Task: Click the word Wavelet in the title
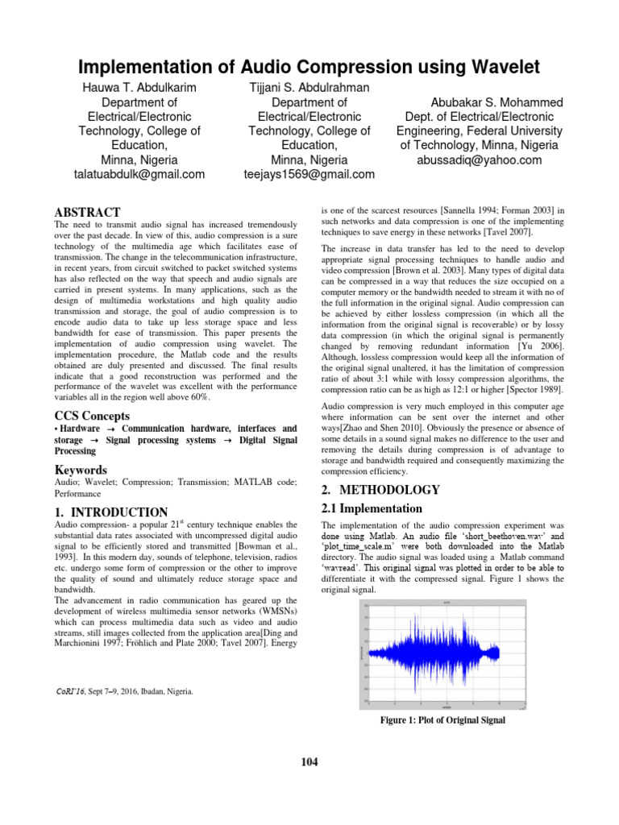[492, 67]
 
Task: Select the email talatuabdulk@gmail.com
[139, 174]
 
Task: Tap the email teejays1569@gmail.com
[309, 174]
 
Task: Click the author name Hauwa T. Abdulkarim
[139, 87]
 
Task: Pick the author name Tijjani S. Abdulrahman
[309, 87]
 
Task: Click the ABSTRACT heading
[87, 212]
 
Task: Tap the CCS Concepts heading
[91, 416]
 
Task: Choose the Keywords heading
[82, 470]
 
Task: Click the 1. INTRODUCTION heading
[110, 512]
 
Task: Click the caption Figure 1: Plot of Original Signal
[442, 720]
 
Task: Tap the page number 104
[309, 761]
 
